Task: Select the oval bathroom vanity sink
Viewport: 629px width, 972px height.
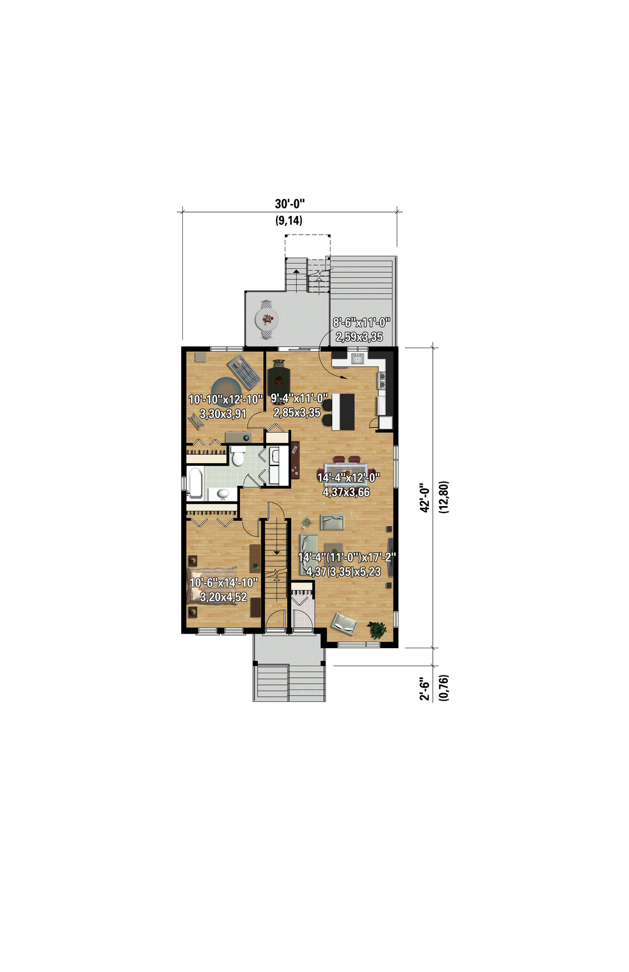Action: pyautogui.click(x=222, y=494)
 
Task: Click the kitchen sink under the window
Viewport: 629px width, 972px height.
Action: pyautogui.click(x=358, y=358)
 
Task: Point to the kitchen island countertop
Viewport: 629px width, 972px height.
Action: pyautogui.click(x=343, y=411)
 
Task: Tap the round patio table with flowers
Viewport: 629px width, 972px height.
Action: pyautogui.click(x=267, y=320)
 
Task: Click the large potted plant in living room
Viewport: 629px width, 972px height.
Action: pyautogui.click(x=377, y=629)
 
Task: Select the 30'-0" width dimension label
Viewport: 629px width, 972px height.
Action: pyautogui.click(x=289, y=203)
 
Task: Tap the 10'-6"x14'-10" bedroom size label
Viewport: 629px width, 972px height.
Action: pyautogui.click(x=224, y=582)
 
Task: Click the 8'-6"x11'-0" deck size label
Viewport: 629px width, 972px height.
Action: pyautogui.click(x=362, y=323)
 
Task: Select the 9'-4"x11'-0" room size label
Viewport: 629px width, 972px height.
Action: pyautogui.click(x=299, y=398)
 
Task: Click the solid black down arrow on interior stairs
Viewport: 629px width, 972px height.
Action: pyautogui.click(x=277, y=552)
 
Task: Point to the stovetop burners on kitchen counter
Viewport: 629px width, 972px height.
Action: pyautogui.click(x=383, y=380)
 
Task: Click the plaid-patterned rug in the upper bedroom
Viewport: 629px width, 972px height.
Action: pyautogui.click(x=244, y=372)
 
